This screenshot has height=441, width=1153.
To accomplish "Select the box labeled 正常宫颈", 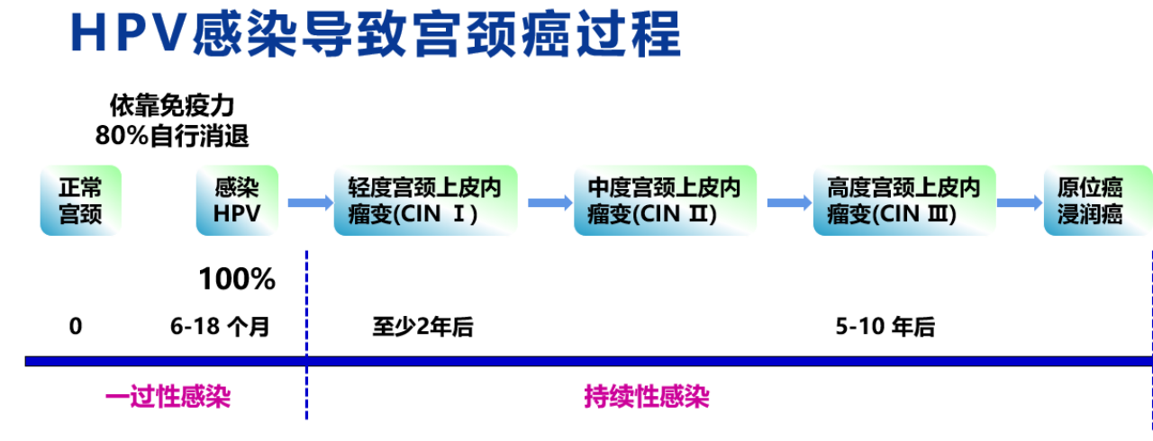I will point(80,201).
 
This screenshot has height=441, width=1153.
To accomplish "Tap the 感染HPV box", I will point(237,201).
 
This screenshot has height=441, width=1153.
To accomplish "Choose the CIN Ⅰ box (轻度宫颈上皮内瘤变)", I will point(425,201).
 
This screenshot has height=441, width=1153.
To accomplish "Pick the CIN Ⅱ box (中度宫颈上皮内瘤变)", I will point(665,201).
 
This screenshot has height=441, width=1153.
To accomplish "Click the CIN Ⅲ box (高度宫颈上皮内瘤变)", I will point(904,201).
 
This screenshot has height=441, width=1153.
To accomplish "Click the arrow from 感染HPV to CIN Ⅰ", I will point(310,202).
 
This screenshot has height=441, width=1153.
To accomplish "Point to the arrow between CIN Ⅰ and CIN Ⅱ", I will point(549,202).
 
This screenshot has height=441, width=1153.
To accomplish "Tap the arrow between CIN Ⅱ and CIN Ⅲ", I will point(789,202).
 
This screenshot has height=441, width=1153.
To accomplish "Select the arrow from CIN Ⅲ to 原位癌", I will point(1020,202).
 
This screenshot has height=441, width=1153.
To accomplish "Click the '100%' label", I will point(237,280).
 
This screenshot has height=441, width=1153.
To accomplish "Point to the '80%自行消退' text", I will point(172,136).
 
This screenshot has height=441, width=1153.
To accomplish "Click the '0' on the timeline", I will point(76,327).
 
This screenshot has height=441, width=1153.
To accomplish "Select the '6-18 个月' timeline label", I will point(220,327).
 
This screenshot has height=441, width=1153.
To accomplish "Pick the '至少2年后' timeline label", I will point(422,327).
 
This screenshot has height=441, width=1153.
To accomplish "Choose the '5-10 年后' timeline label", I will point(885,327).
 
